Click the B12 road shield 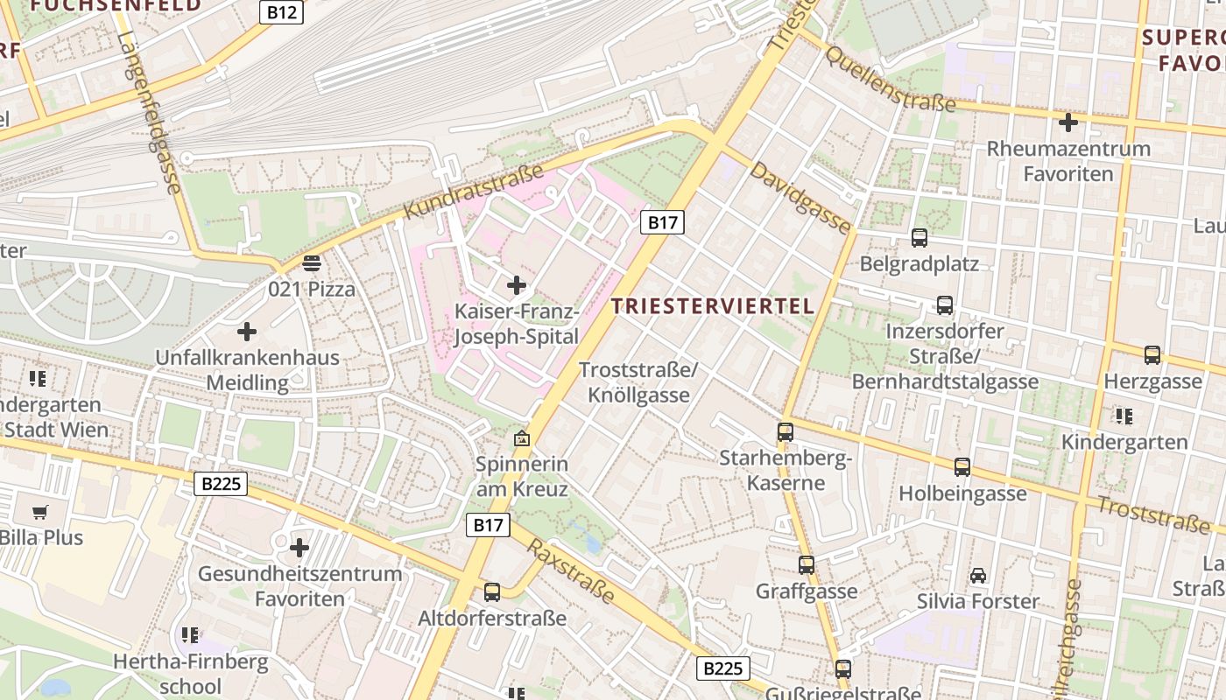281,12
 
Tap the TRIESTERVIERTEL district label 714,306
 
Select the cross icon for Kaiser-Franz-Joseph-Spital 517,284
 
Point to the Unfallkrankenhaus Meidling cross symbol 247,332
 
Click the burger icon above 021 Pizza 312,262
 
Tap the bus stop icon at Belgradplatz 919,237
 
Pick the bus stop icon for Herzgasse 1152,354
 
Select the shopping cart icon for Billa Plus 39,512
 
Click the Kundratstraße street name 473,192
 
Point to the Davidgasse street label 799,197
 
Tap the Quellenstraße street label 891,79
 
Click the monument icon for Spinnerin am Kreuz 522,437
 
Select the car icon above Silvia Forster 978,575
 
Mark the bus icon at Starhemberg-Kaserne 786,431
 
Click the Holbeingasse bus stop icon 962,467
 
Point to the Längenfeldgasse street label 148,114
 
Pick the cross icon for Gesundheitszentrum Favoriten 299,548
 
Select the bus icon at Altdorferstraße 492,592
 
